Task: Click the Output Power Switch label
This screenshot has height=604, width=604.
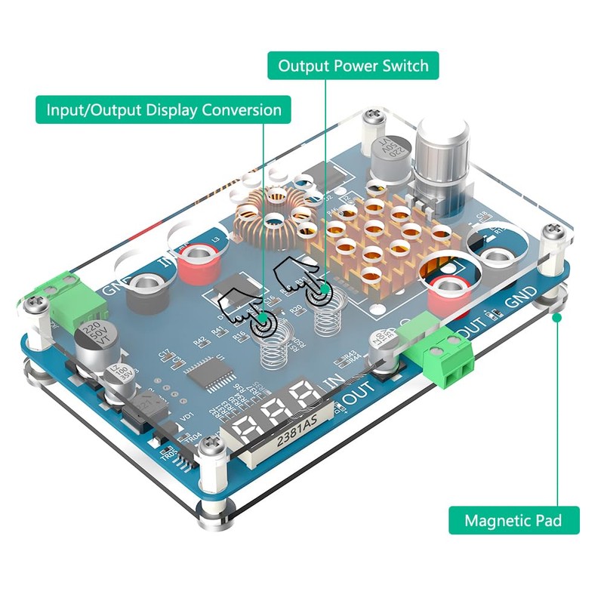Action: click(x=353, y=66)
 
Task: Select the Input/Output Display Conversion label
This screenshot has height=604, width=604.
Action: click(x=164, y=109)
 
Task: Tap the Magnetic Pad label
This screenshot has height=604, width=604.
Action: click(x=513, y=520)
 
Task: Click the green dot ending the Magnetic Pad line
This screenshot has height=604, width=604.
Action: click(x=557, y=318)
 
